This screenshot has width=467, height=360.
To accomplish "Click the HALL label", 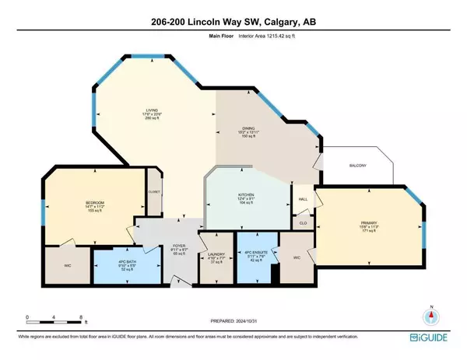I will [x=303, y=199].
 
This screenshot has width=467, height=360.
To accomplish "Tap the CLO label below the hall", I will [x=303, y=222].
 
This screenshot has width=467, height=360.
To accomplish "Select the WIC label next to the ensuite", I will [x=297, y=257].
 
